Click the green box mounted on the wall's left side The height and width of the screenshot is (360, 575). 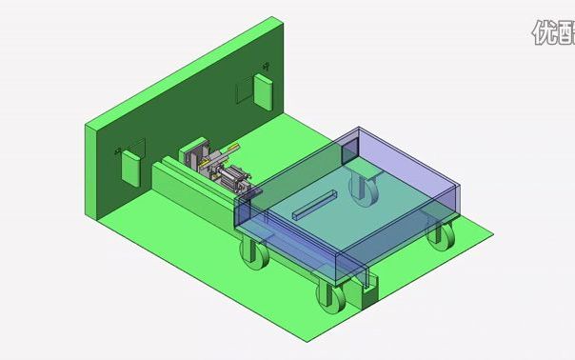point(129,169)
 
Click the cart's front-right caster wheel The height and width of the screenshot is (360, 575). point(331,296)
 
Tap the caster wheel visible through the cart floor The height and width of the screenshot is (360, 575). point(362,188)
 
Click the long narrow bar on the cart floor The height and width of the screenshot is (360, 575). point(313,204)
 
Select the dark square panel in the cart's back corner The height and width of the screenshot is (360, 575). point(348,146)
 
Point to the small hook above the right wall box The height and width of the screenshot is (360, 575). point(266,66)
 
